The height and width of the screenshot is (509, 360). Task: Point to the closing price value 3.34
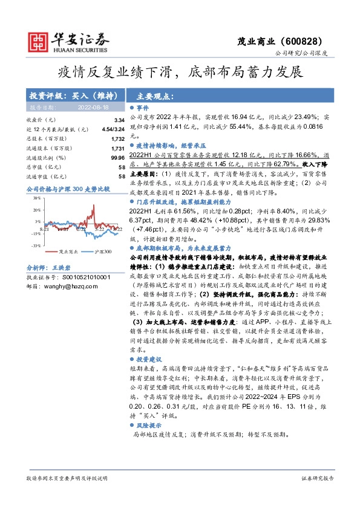point(119,120)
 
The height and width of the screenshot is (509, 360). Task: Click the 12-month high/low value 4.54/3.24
point(114,129)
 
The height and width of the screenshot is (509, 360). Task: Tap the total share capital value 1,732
point(117,138)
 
